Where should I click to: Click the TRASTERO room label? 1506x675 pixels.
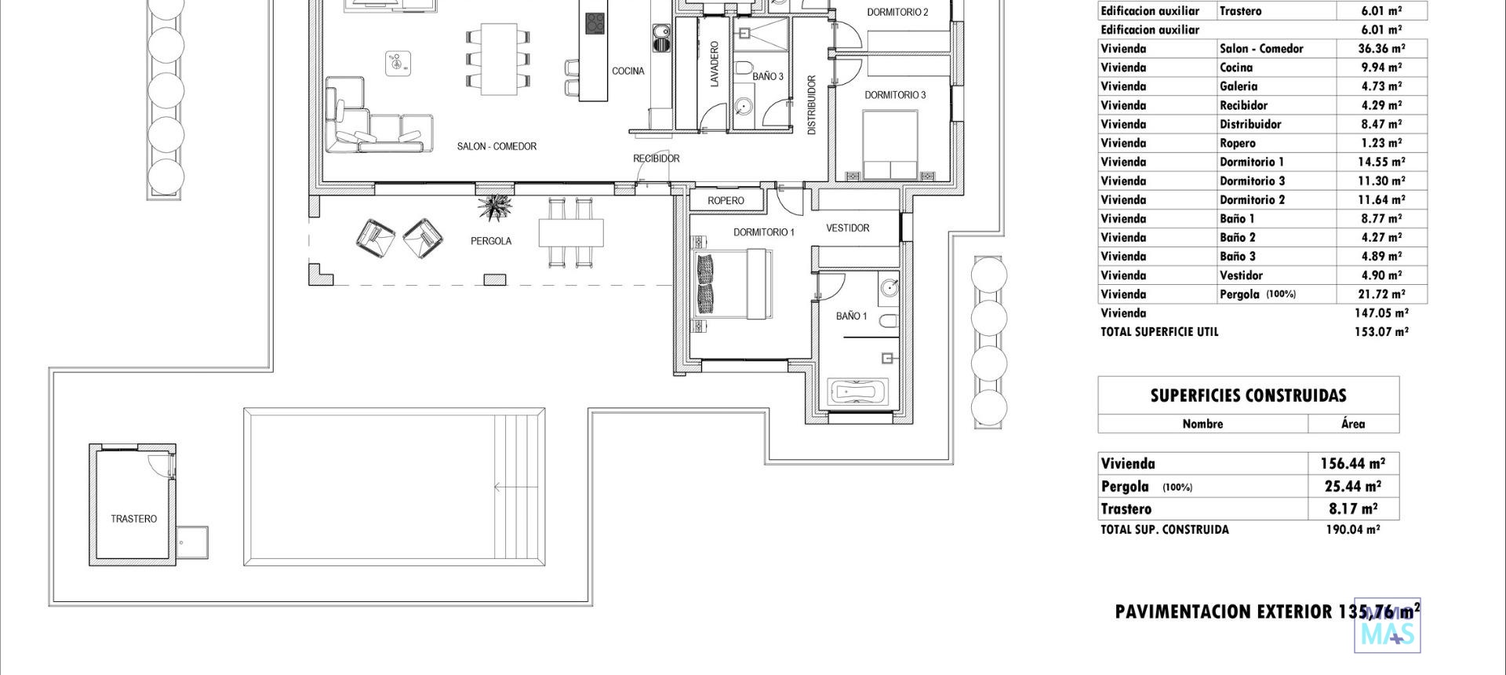133,519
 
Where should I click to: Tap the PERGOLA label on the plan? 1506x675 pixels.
491,241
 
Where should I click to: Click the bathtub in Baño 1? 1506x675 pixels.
857,392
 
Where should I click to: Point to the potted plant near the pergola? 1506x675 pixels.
495,208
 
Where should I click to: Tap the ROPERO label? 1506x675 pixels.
726,201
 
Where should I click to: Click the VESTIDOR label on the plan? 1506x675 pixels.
847,228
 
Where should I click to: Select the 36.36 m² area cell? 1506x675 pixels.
1381,49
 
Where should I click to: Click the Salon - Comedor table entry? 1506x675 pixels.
1261,49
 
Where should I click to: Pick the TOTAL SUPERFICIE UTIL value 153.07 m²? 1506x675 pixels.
1381,332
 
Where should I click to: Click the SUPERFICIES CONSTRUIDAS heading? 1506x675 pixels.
1248,396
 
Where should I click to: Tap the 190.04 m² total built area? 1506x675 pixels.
1352,530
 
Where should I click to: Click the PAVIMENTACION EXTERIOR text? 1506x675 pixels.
1224,612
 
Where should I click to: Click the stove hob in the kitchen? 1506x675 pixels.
595,23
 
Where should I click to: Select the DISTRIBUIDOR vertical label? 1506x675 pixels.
812,105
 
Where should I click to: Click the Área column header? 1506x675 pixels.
1353,424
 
